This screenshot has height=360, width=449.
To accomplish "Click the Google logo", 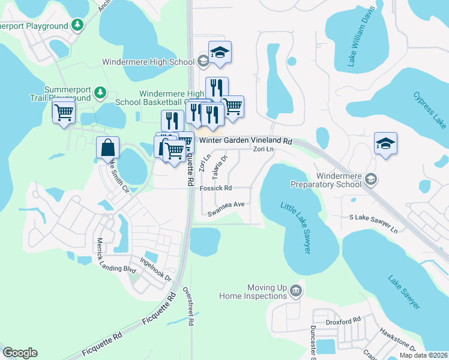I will [x=19, y=353].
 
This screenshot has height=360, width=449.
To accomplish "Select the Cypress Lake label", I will [x=429, y=110].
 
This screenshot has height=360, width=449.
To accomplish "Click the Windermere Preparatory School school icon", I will [x=372, y=178].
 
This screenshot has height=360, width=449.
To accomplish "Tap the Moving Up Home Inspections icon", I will [x=295, y=291].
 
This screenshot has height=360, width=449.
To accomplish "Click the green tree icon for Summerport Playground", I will [x=77, y=25].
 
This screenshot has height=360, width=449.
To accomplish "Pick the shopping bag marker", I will [x=107, y=147].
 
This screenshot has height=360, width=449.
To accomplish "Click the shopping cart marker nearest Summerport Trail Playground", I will [x=64, y=112].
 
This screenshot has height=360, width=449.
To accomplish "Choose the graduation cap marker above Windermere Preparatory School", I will [x=385, y=143].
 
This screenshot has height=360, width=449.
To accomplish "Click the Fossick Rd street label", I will [x=215, y=188].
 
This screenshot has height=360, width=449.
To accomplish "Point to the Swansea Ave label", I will [x=226, y=205].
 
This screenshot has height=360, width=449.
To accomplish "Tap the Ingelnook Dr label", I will [x=156, y=271].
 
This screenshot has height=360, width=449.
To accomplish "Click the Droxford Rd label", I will [x=344, y=321].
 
